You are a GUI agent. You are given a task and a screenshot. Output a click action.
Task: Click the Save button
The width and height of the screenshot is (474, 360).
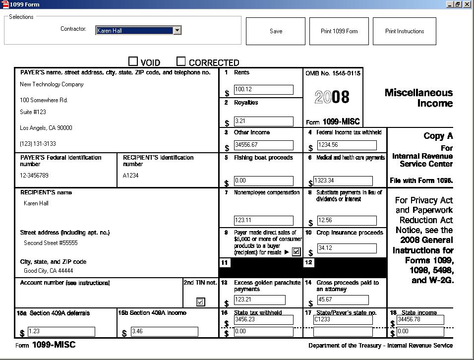point(276,31)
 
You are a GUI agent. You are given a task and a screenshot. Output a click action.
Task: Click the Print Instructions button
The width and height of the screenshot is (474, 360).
point(405,31)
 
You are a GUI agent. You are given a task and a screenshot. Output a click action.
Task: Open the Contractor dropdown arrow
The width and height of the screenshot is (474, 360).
point(177,30)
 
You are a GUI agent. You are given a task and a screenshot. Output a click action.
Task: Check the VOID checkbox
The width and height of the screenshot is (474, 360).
point(133,61)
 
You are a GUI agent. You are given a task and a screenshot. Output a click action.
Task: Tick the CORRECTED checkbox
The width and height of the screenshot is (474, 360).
point(181,61)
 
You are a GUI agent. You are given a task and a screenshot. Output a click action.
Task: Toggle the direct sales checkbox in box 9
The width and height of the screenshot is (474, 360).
point(296,252)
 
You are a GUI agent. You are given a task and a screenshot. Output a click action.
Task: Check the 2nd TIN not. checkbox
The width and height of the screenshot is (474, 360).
point(200,302)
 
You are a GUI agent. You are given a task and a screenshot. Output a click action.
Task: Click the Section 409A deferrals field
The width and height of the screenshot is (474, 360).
point(61,332)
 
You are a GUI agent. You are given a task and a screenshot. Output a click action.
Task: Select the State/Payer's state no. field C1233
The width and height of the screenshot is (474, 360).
point(343,320)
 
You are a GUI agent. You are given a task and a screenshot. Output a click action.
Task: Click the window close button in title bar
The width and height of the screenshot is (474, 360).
point(467,4)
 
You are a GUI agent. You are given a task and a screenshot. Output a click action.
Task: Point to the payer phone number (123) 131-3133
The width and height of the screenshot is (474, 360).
point(38,144)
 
